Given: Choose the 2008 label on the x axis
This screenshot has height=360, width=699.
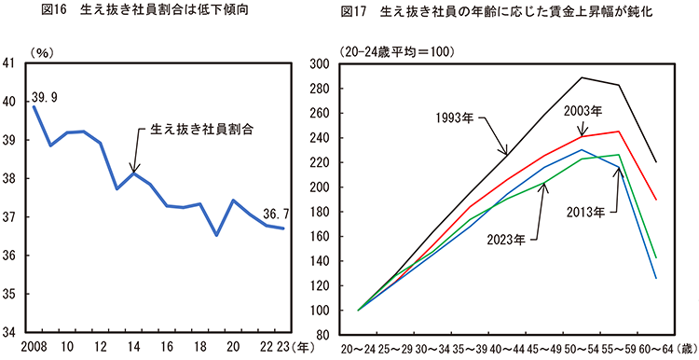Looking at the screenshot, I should pyautogui.click(x=34, y=346).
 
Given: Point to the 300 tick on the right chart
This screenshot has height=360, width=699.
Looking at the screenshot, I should pyautogui.click(x=328, y=63).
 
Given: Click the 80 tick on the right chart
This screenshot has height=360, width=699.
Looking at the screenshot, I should pyautogui.click(x=332, y=334).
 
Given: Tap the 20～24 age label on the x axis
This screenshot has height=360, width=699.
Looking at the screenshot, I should pyautogui.click(x=358, y=348).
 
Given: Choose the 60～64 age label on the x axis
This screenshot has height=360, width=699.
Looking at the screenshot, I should pyautogui.click(x=658, y=348).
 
